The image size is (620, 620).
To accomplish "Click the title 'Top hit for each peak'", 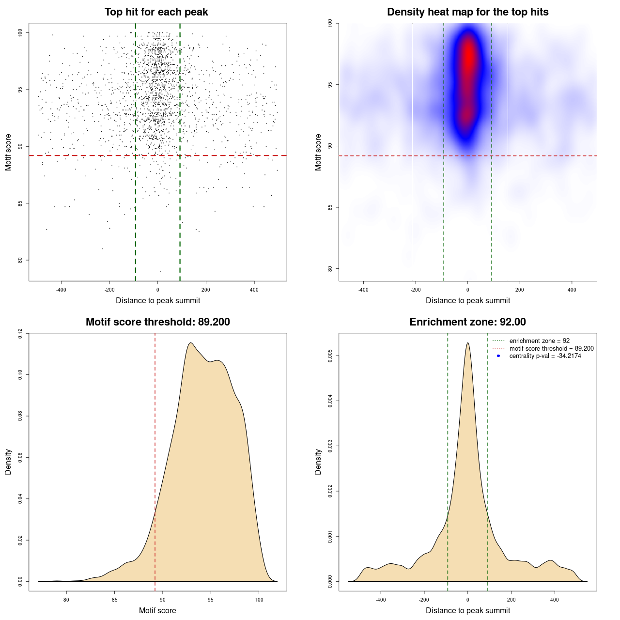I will [x=156, y=12].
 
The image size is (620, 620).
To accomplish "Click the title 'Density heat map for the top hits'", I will [x=467, y=12].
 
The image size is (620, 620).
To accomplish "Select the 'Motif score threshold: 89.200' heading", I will [x=157, y=322].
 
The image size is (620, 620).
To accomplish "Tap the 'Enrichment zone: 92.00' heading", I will [x=467, y=322].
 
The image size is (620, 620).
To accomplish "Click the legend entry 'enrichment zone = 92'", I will [x=539, y=341].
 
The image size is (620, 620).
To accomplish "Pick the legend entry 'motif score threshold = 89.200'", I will [x=551, y=349].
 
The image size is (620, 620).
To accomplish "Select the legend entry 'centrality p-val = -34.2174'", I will [x=545, y=356].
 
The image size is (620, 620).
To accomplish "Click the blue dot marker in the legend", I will [x=498, y=356].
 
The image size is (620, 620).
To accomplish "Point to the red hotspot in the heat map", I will [x=468, y=58].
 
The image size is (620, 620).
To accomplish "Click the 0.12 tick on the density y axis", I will [x=20, y=333].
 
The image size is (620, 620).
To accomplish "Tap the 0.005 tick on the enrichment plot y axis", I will [x=330, y=356].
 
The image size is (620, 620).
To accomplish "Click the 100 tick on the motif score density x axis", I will [x=259, y=600].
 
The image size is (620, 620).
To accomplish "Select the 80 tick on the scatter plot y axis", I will [x=20, y=260].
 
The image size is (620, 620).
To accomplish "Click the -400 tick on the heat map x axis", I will [x=363, y=290].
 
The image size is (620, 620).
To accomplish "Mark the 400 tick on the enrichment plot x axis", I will [x=555, y=600].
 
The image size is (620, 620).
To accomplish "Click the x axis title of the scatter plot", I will [x=158, y=301].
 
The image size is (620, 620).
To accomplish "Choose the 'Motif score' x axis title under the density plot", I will [x=157, y=611].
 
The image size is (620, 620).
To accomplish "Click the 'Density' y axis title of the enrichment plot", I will [x=318, y=462].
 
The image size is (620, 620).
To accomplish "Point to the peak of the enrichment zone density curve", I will [x=467, y=343].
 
